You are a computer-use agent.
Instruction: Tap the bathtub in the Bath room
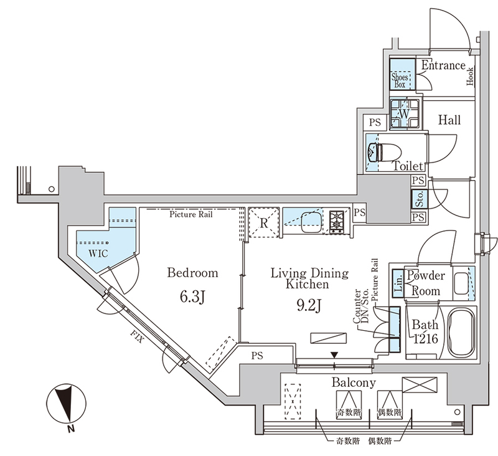pos(461,333)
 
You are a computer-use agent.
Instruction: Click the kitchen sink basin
pos(310,222)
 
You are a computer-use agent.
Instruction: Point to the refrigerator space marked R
pos(263,223)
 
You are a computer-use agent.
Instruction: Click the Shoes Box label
pos(400,80)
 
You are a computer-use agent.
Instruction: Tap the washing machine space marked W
pos(405,114)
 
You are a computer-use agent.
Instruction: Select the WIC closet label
pos(98,254)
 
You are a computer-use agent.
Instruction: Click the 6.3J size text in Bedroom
pos(192,297)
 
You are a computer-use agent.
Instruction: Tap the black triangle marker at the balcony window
pos(334,354)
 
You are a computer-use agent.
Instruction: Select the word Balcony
pos(354,382)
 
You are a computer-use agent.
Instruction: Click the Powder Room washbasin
pos(461,284)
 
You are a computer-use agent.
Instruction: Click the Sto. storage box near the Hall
pos(419,199)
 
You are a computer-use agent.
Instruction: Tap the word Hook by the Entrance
pos(470,76)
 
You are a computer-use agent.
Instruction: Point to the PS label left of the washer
pos(375,122)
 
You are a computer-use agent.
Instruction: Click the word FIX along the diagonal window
pos(137,338)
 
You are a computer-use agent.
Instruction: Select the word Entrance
pos(443,65)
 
